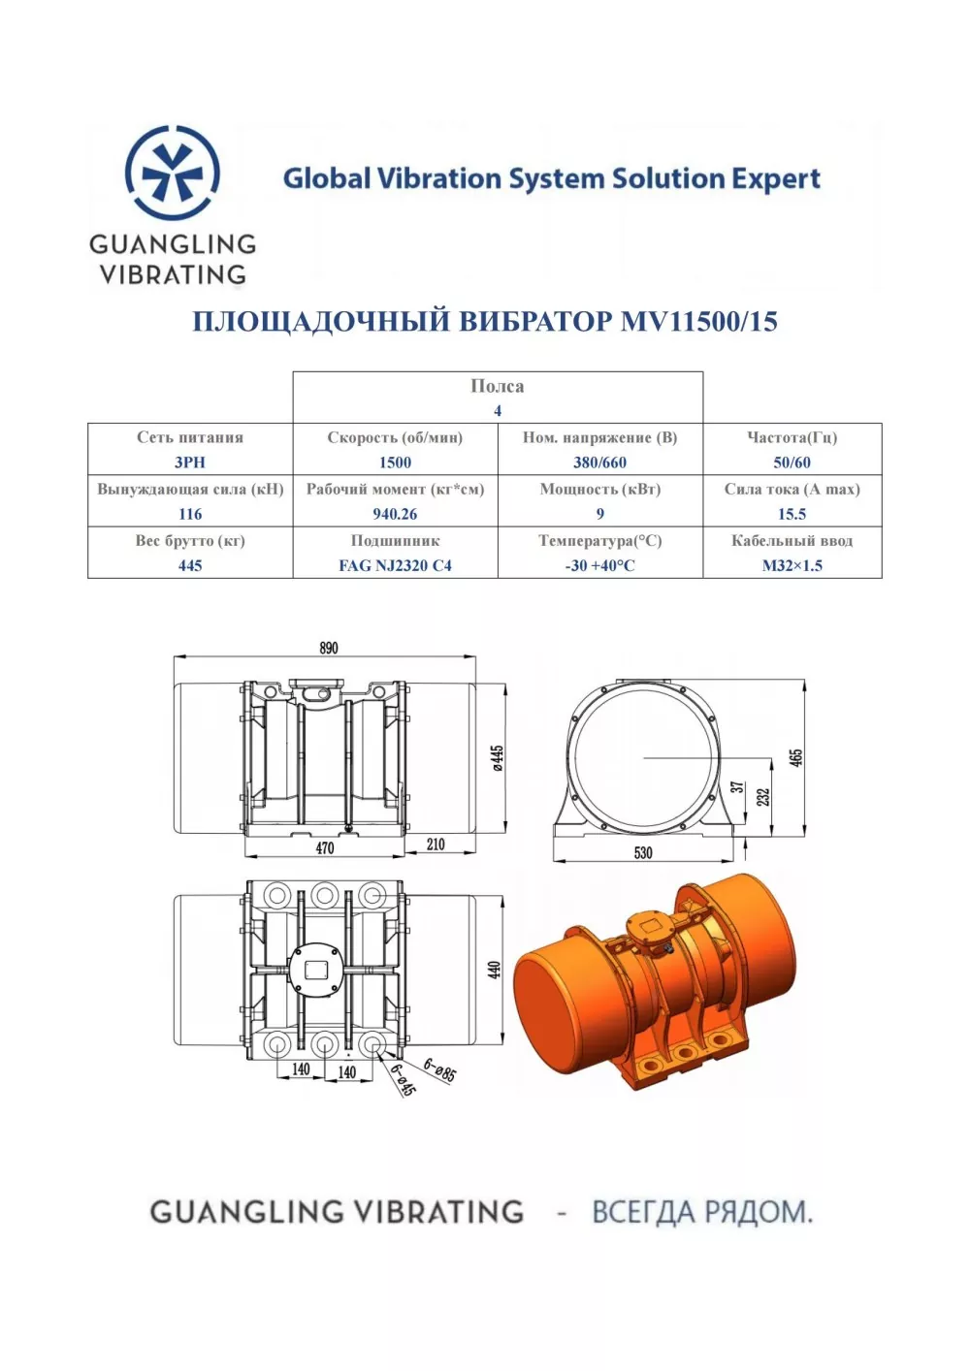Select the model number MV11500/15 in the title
pyautogui.click(x=698, y=321)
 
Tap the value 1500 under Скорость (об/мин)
pyautogui.click(x=395, y=462)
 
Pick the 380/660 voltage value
pyautogui.click(x=599, y=462)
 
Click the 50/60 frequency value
pyautogui.click(x=792, y=462)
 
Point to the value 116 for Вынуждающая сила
pyautogui.click(x=190, y=514)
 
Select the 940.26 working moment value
pyautogui.click(x=395, y=514)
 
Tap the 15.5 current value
pyautogui.click(x=792, y=514)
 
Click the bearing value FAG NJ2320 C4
pyautogui.click(x=395, y=565)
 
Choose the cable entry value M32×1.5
pyautogui.click(x=792, y=565)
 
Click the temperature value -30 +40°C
pyautogui.click(x=599, y=565)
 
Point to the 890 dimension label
pyautogui.click(x=329, y=648)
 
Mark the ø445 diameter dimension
pyautogui.click(x=498, y=757)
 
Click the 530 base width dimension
pyautogui.click(x=643, y=852)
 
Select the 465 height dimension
pyautogui.click(x=796, y=757)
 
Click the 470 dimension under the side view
pyautogui.click(x=325, y=847)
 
